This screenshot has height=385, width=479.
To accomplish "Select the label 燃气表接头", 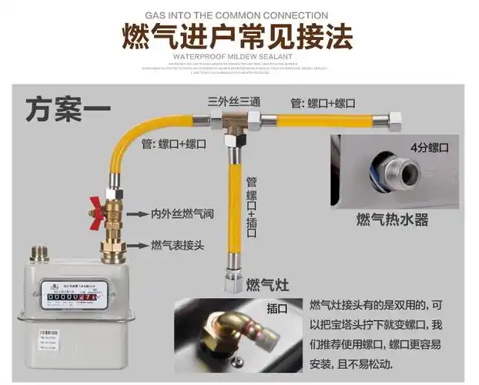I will coord(179,246).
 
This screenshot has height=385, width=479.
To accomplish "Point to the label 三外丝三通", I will coord(234,102).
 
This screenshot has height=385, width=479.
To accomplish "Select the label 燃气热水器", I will coord(391,220).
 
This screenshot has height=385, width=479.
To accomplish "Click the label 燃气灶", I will coord(264,284).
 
